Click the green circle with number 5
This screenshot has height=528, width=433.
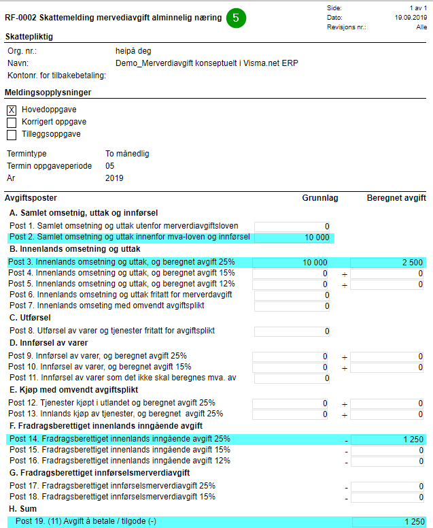click(x=235, y=18)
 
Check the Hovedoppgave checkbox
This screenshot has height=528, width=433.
click(x=12, y=110)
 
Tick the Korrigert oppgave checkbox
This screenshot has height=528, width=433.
click(x=12, y=122)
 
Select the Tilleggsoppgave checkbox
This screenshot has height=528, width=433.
click(x=12, y=135)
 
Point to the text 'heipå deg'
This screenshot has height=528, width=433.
click(x=133, y=51)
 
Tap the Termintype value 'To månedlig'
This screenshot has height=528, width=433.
click(x=127, y=154)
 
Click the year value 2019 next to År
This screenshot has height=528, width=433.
click(x=114, y=178)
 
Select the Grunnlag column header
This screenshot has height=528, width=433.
click(x=320, y=198)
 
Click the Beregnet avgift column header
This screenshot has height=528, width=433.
click(x=396, y=198)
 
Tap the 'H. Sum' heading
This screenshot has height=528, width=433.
click(x=24, y=509)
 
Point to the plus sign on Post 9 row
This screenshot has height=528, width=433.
click(x=345, y=357)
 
